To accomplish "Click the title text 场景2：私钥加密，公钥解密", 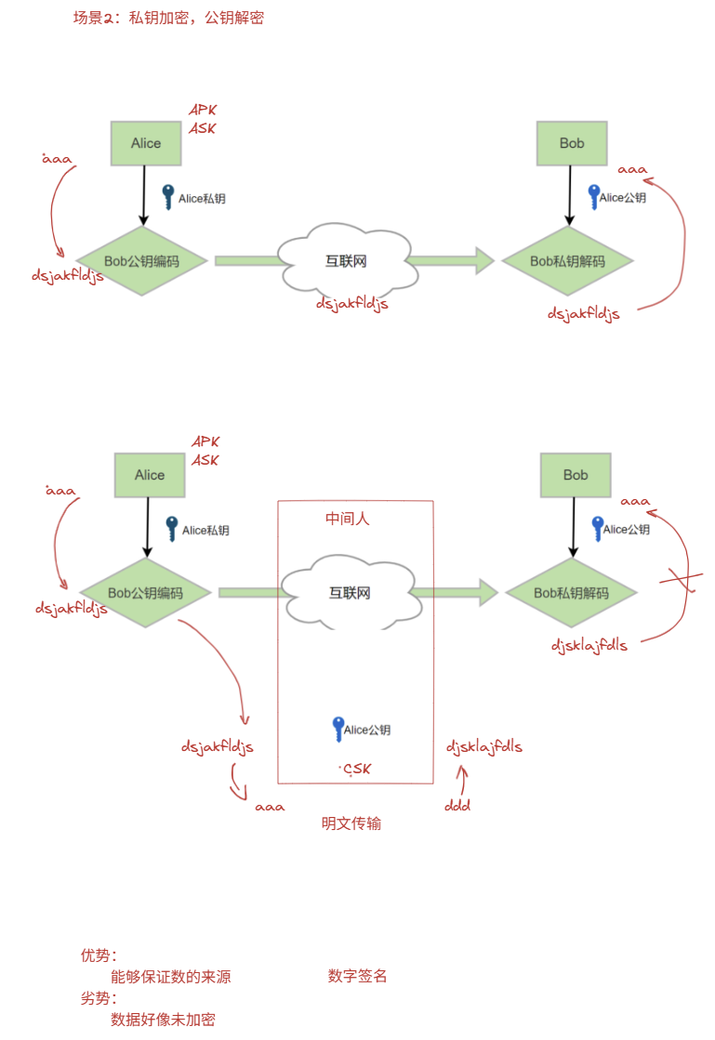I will (x=168, y=18).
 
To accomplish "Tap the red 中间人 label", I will (x=347, y=519).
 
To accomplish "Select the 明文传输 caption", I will (x=351, y=823).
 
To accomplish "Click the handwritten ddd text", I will (x=457, y=806).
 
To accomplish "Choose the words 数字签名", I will (x=357, y=976).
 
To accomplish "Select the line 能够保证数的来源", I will (x=170, y=977).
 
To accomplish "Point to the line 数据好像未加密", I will (x=163, y=1020).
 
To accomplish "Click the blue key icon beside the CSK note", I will (x=338, y=729).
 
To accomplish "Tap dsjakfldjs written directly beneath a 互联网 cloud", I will (x=351, y=303).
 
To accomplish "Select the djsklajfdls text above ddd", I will (x=483, y=746).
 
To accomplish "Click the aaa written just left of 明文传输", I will (x=270, y=807).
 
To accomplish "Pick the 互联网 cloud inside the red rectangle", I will (x=349, y=593).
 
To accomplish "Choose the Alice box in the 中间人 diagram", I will (x=149, y=475).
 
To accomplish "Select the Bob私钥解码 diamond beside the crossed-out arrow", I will (x=569, y=593).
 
